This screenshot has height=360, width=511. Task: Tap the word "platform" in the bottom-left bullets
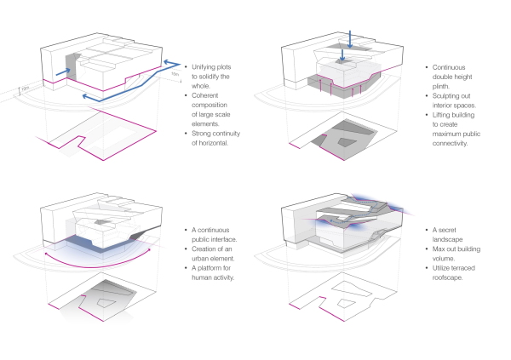[212, 267]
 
